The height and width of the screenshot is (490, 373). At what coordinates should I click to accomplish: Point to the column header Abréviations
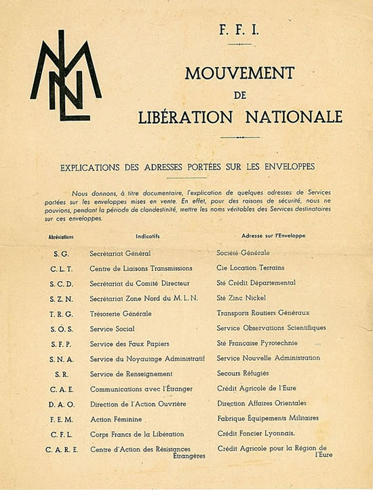(x=61, y=238)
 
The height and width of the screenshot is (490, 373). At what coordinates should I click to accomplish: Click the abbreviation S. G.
(x=61, y=253)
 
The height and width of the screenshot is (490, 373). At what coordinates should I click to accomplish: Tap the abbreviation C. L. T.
(x=61, y=268)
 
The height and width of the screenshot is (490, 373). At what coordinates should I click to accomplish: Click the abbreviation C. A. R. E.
(x=61, y=449)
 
